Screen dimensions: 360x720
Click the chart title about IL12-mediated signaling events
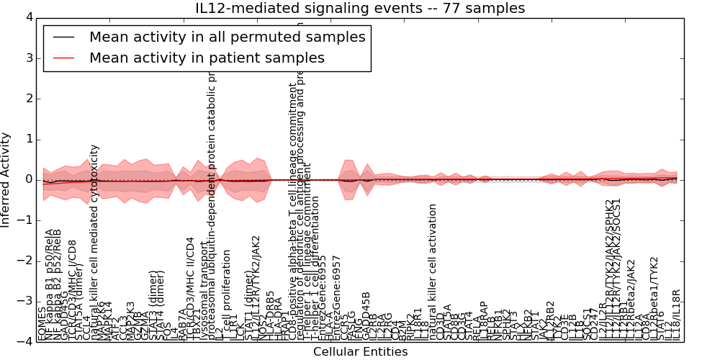pos(360,9)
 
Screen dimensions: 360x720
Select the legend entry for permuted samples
pos(227,37)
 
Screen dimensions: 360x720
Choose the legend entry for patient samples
pos(207,58)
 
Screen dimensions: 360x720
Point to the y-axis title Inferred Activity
pos(6,179)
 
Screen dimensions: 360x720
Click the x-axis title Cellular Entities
pos(360,351)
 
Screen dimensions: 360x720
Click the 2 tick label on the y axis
pos(28,99)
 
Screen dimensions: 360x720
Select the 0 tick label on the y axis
pos(28,179)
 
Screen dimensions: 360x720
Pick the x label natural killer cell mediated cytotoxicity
pos(94,242)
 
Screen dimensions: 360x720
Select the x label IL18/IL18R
pos(675,314)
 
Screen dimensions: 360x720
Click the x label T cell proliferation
pos(227,295)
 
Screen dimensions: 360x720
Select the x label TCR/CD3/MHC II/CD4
pos(190,288)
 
